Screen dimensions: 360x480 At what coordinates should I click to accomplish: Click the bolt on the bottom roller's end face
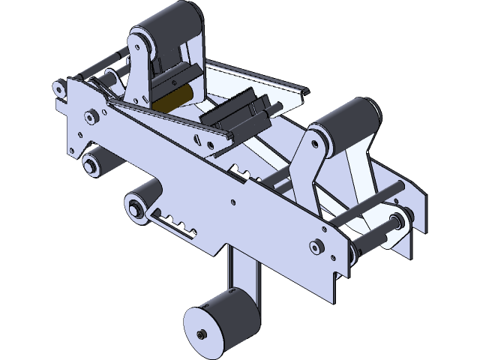pyautogui.click(x=201, y=334)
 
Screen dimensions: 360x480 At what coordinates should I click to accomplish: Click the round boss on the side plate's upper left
pyautogui.click(x=91, y=115)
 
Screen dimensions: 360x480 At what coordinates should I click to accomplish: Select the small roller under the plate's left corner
pyautogui.click(x=94, y=162)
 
